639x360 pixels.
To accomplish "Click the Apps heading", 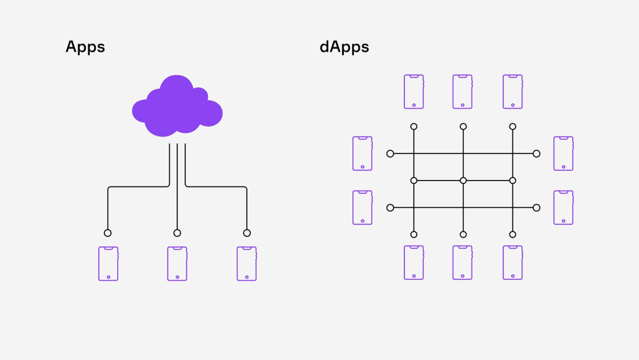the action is pyautogui.click(x=85, y=47).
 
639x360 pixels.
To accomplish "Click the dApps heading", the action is pyautogui.click(x=344, y=47).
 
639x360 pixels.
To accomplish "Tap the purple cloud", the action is pyautogui.click(x=177, y=106).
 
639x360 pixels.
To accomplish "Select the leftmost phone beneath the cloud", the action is pyautogui.click(x=108, y=263).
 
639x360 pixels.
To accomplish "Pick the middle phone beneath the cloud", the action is pyautogui.click(x=177, y=263).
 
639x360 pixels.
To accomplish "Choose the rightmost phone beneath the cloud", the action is pyautogui.click(x=247, y=263).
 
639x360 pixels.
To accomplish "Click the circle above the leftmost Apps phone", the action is pyautogui.click(x=108, y=233).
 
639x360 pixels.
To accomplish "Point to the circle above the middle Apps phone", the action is pyautogui.click(x=177, y=233).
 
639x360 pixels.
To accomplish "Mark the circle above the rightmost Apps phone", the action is pyautogui.click(x=247, y=233).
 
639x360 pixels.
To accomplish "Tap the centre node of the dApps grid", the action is pyautogui.click(x=463, y=181).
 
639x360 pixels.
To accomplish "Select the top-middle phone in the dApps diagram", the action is pyautogui.click(x=463, y=92).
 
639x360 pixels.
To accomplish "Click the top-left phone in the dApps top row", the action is pyautogui.click(x=414, y=92).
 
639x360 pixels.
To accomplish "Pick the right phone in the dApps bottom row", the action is pyautogui.click(x=512, y=262).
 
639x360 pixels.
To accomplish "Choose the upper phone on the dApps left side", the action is pyautogui.click(x=362, y=154).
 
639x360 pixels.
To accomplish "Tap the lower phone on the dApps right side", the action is pyautogui.click(x=563, y=207).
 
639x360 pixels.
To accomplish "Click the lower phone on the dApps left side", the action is pyautogui.click(x=362, y=207).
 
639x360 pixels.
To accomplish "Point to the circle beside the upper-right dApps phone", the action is pyautogui.click(x=537, y=154).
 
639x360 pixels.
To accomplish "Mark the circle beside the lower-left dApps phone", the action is pyautogui.click(x=390, y=208).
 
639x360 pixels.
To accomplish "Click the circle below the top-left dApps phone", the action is pyautogui.click(x=414, y=127).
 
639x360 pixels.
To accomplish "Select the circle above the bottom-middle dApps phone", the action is pyautogui.click(x=463, y=234).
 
